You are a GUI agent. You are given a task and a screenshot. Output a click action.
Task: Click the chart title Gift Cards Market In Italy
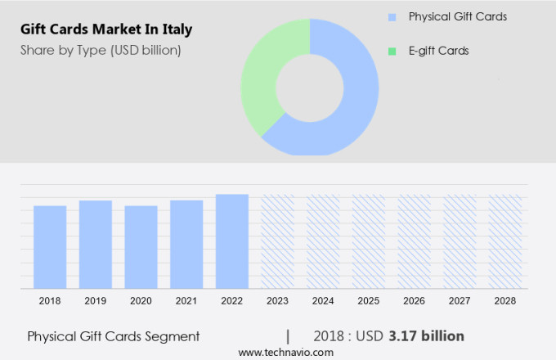[x=106, y=30]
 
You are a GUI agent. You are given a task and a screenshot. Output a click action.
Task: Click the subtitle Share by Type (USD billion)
[x=101, y=51]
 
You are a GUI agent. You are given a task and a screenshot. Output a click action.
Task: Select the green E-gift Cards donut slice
[x=262, y=82]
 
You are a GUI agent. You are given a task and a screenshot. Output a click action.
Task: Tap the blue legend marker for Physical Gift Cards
[x=392, y=16]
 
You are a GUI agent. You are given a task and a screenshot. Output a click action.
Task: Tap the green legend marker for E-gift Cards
[x=392, y=51]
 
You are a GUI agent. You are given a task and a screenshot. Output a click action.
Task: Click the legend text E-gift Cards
[x=439, y=51]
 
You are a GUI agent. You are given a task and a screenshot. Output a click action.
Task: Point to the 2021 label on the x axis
[x=186, y=301]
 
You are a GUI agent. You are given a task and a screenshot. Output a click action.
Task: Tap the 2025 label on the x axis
[x=368, y=301]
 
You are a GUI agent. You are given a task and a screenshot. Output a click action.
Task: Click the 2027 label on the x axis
[x=460, y=301]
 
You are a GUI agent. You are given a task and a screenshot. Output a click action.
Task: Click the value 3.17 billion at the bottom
[x=427, y=336]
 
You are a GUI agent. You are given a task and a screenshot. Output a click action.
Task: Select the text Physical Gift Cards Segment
[x=113, y=336]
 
